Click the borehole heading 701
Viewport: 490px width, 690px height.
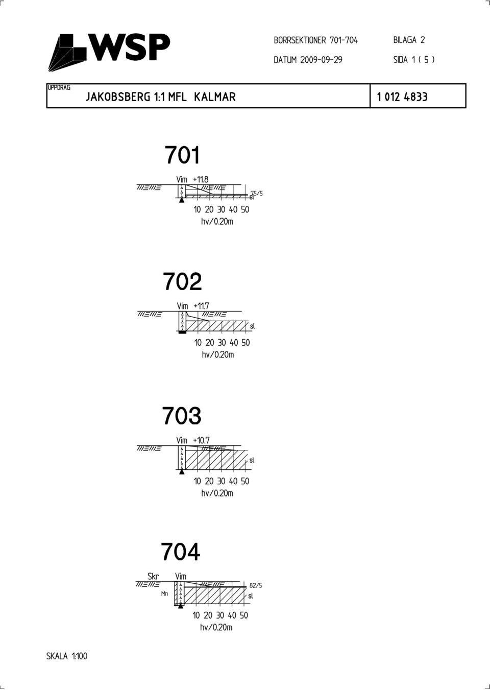point(183,155)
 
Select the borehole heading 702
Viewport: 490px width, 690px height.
point(182,281)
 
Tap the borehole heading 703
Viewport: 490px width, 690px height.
point(182,416)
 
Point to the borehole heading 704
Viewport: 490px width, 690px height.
point(180,552)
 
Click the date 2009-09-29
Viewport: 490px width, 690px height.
point(321,60)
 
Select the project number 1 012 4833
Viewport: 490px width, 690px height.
point(402,97)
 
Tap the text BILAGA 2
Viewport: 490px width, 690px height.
point(409,40)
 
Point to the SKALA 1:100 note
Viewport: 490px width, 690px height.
point(67,656)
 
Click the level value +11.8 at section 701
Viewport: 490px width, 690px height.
point(201,179)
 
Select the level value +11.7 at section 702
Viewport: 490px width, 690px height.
point(201,306)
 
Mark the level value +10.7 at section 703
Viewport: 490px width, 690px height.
point(201,440)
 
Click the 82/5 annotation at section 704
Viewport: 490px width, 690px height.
point(256,586)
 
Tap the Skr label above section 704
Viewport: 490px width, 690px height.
point(153,576)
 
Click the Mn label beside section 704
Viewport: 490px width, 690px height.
point(165,593)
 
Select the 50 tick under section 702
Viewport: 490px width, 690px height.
point(246,343)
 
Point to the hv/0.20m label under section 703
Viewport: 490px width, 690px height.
point(217,493)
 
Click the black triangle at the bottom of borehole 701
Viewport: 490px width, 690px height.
point(182,200)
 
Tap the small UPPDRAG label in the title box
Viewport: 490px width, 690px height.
point(59,87)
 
